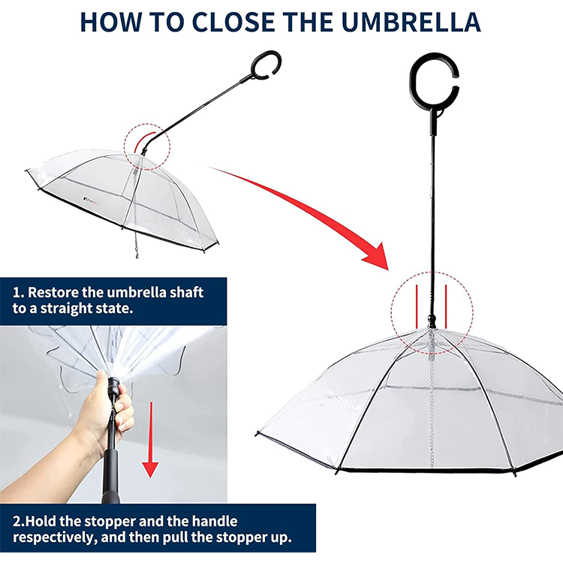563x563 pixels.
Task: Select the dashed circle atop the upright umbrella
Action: point(431,315)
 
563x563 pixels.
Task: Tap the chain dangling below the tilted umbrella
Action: point(137,244)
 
